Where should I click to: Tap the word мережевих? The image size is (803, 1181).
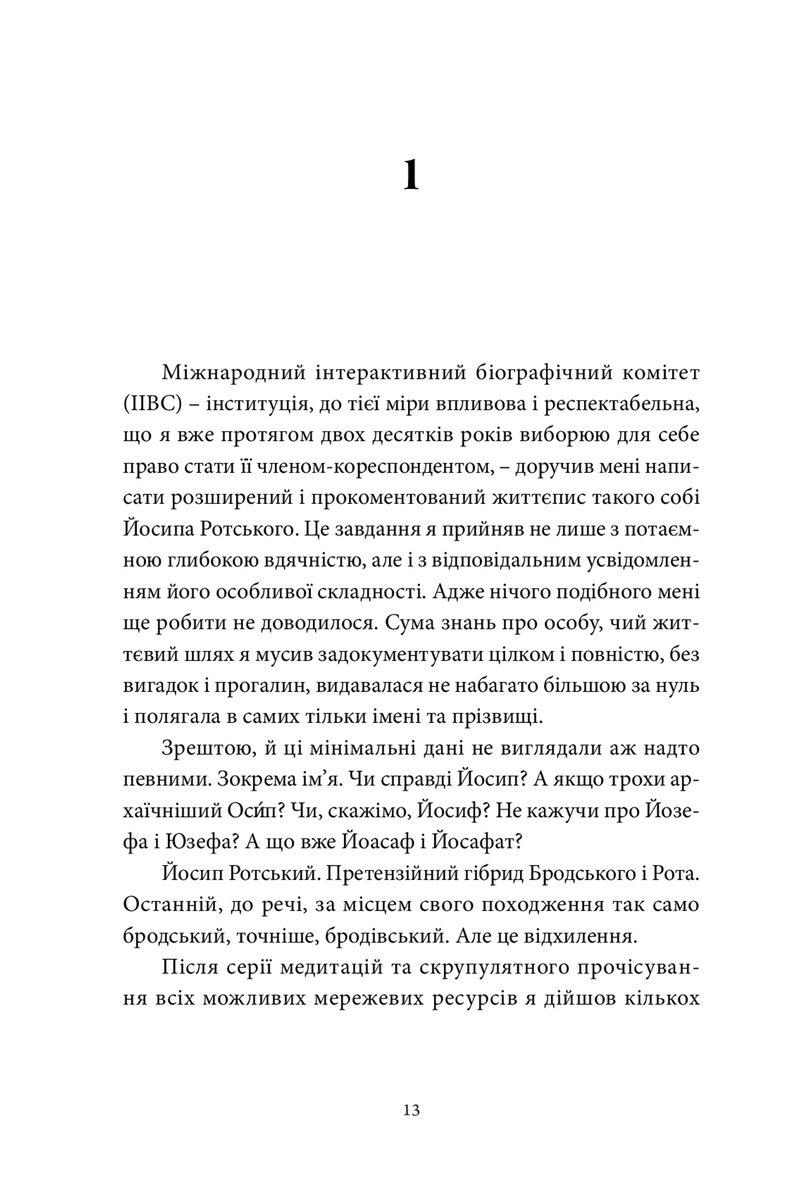(368, 999)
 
